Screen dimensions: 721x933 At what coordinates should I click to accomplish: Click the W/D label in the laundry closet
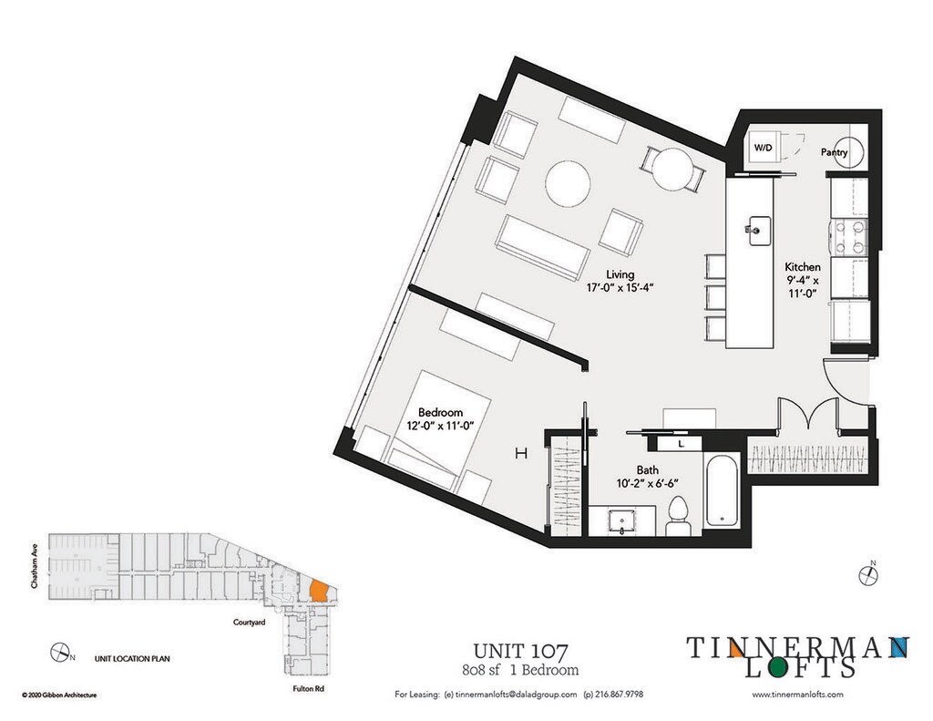pos(763,148)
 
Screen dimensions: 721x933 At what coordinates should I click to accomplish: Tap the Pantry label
pos(835,153)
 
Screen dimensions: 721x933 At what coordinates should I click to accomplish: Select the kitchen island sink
pos(756,228)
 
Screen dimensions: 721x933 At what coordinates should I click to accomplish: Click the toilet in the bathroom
pos(678,516)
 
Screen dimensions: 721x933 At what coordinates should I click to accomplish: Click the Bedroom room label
pos(441,411)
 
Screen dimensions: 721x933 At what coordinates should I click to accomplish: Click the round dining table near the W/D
pos(673,168)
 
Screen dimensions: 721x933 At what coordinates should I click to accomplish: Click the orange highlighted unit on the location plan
pos(318,590)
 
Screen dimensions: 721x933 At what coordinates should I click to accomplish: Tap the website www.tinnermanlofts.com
pos(798,695)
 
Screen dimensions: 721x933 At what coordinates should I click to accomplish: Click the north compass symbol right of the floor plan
pos(869,574)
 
